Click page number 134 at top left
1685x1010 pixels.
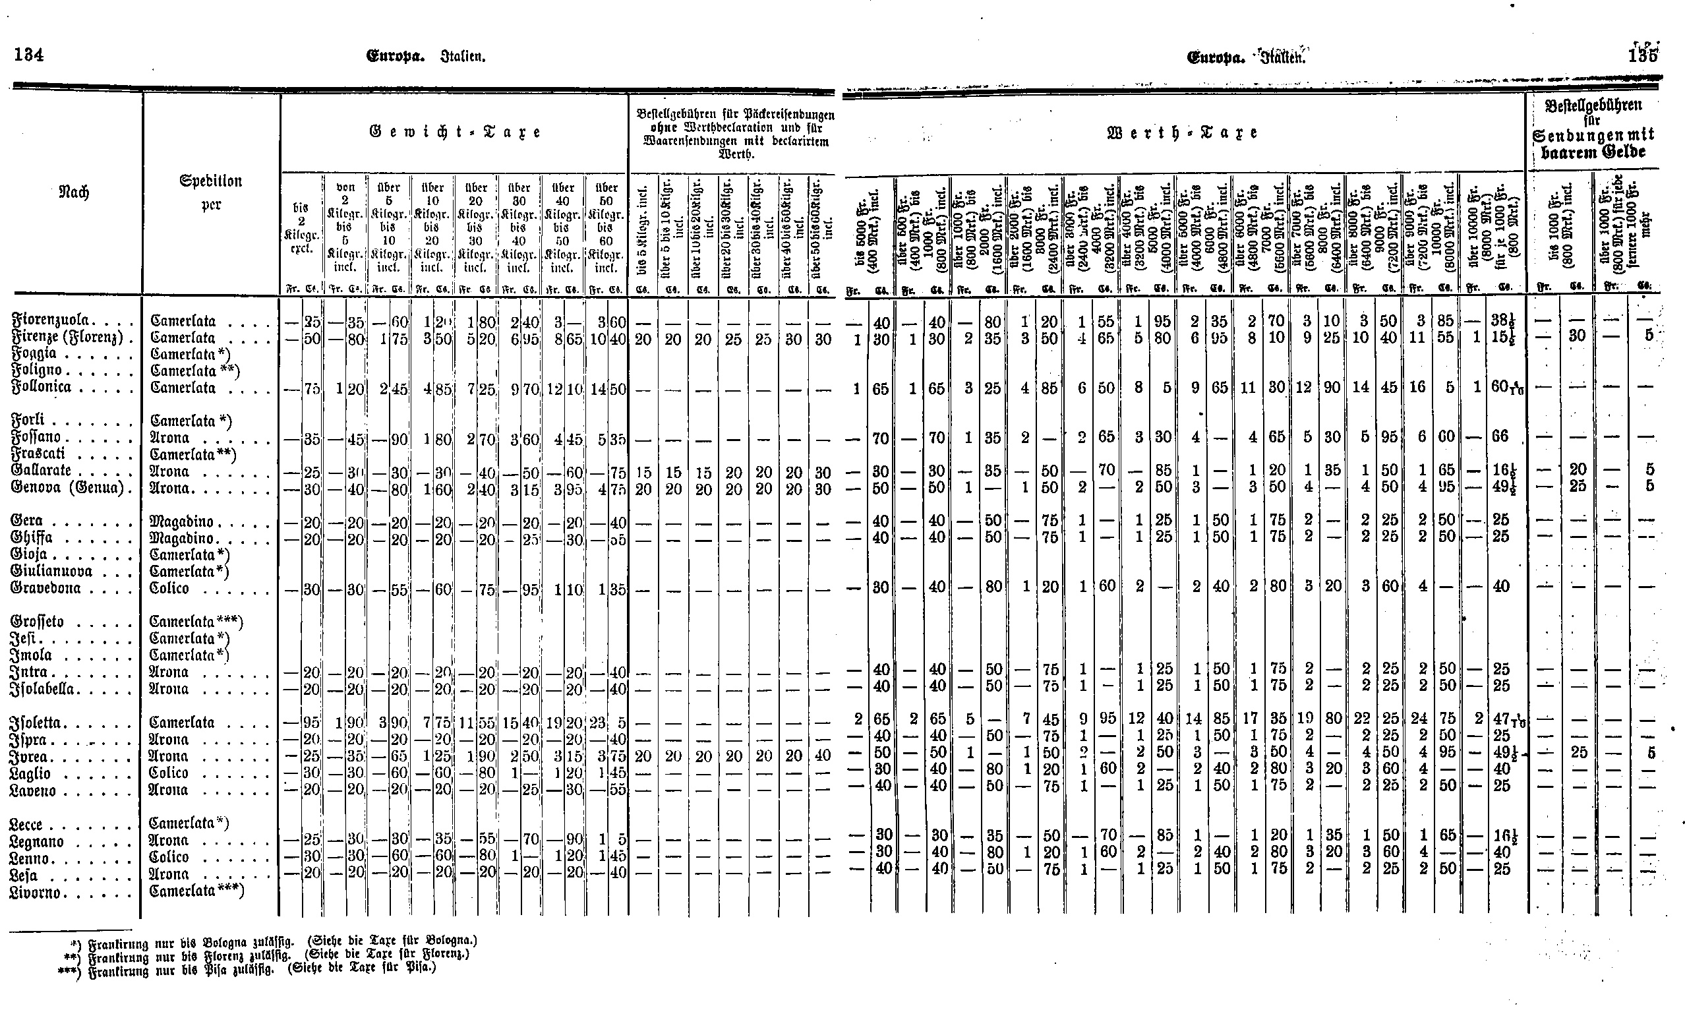tap(28, 55)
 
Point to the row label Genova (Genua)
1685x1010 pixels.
tap(67, 488)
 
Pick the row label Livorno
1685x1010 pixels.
tap(45, 892)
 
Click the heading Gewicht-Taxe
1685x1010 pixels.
tap(455, 132)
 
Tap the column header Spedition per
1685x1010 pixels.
tap(211, 193)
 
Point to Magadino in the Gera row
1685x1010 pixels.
tap(182, 522)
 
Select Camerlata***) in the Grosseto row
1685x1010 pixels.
tap(196, 622)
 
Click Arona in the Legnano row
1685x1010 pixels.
tap(169, 841)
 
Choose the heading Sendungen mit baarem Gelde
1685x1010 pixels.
tap(1593, 144)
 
